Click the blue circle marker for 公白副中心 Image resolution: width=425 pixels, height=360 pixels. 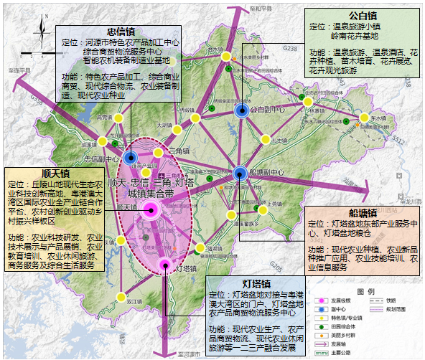click(x=242, y=110)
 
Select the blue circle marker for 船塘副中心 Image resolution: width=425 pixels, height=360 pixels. click(x=240, y=171)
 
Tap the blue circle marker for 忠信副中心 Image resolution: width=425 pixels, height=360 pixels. click(x=131, y=158)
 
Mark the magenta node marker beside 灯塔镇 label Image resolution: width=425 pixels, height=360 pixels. click(x=164, y=263)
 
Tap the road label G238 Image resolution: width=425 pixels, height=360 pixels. click(x=290, y=48)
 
